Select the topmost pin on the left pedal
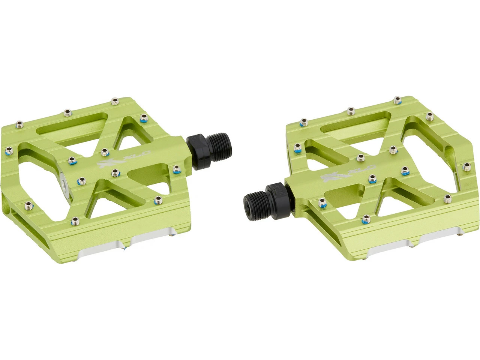pos(114,101)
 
